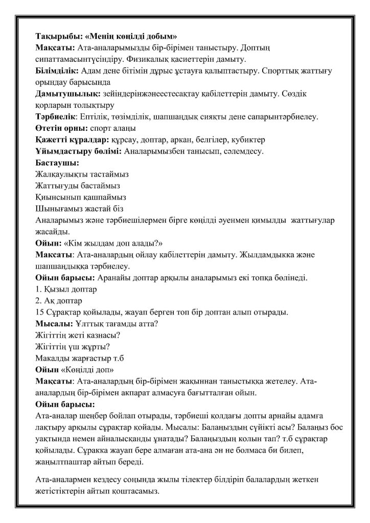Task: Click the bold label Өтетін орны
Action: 58,128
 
